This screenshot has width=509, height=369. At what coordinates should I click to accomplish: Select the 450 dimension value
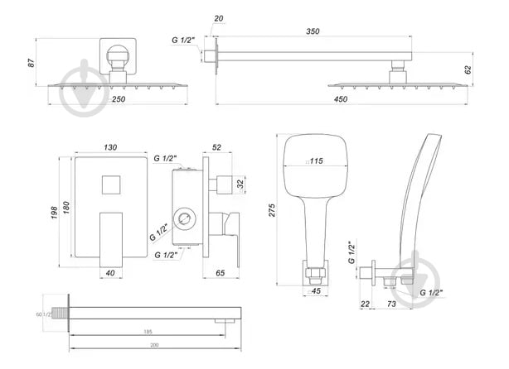(341, 99)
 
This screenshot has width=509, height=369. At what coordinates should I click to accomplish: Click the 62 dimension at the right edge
(468, 69)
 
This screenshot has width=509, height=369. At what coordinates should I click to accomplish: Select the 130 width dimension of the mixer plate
(110, 147)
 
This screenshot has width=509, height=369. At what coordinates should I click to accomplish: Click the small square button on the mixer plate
(110, 184)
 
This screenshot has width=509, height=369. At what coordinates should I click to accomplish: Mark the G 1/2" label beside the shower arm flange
(185, 40)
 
